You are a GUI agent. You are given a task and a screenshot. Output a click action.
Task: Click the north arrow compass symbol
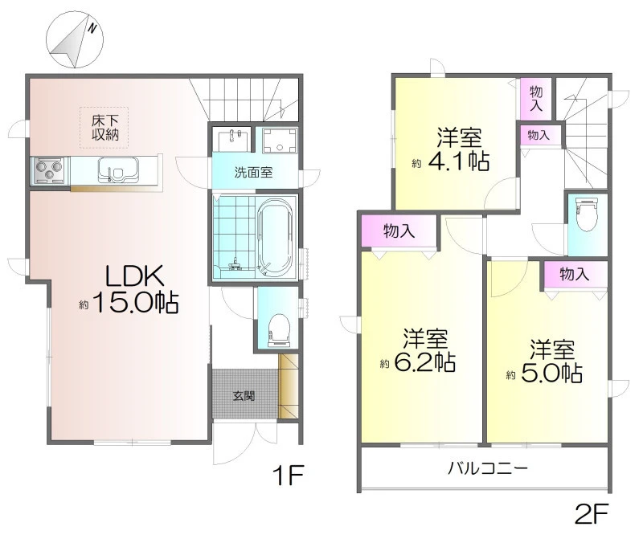pyautogui.click(x=75, y=40)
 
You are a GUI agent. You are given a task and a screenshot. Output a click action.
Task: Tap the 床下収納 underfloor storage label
pyautogui.click(x=105, y=128)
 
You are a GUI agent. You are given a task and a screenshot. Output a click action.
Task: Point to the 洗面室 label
pyautogui.click(x=253, y=173)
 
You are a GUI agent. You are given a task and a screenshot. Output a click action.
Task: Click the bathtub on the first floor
pyautogui.click(x=275, y=237)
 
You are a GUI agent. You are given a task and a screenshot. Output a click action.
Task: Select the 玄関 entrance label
pyautogui.click(x=244, y=396)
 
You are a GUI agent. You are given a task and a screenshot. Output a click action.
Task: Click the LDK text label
pyautogui.click(x=134, y=276)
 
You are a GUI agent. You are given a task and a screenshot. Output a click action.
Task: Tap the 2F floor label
pyautogui.click(x=591, y=513)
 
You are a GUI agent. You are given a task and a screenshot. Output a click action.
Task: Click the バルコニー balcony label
pyautogui.click(x=488, y=468)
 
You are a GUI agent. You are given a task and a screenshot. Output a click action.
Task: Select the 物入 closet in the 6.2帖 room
pyautogui.click(x=399, y=231)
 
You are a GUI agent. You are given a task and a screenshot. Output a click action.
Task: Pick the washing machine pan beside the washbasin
pyautogui.click(x=279, y=141)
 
